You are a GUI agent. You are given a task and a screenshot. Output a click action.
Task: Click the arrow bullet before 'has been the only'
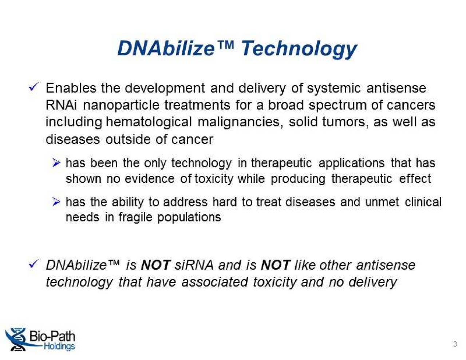[x=56, y=163]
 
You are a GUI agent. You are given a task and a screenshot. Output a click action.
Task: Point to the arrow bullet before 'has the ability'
[x=56, y=201]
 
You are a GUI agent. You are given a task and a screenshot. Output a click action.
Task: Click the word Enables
[x=71, y=88]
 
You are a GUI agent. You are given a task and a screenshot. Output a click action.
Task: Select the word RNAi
[x=61, y=105]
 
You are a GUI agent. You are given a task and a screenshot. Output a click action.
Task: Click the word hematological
[x=149, y=122]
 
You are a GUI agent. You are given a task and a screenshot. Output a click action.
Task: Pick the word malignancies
[x=240, y=122]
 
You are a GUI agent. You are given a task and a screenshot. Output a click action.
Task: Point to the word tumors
[x=344, y=122]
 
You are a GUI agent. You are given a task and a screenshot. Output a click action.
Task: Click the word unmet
[x=382, y=202]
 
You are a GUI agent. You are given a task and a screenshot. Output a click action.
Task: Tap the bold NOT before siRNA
[x=155, y=265]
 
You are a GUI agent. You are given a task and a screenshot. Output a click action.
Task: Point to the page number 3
[x=455, y=344]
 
